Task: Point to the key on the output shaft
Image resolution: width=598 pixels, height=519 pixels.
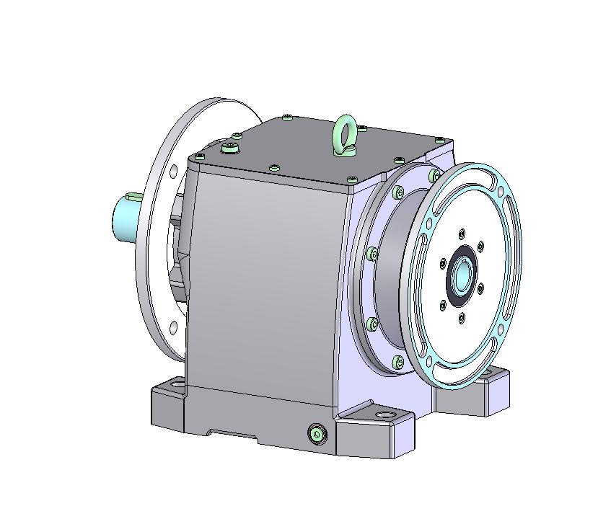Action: coord(134,195)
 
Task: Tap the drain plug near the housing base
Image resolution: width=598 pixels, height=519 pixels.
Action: coord(317,433)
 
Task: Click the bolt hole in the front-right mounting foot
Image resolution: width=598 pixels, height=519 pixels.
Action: coord(383,416)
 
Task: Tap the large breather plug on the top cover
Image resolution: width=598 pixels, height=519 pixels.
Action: coord(230,148)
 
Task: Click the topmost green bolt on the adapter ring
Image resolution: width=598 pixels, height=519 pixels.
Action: coord(435,175)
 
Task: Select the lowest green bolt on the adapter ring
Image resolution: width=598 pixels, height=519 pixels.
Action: coord(397,362)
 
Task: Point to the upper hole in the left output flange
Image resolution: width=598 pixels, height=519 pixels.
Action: coord(173,172)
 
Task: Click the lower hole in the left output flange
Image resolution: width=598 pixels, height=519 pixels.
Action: coord(173,328)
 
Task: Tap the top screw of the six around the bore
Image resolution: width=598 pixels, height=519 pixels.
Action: coord(462,233)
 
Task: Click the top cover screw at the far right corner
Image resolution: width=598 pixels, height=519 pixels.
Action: coord(439,139)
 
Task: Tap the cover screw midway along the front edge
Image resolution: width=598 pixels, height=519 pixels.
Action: coord(273,168)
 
